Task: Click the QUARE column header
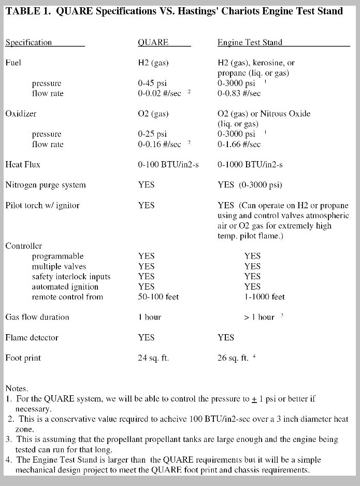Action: pyautogui.click(x=153, y=42)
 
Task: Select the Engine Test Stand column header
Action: pyautogui.click(x=250, y=42)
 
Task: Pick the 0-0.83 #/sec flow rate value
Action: pyautogui.click(x=239, y=93)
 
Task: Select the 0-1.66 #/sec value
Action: pyautogui.click(x=239, y=145)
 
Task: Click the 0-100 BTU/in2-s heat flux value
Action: pyautogui.click(x=168, y=165)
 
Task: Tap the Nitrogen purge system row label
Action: pyautogui.click(x=46, y=185)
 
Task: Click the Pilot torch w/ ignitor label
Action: pyautogui.click(x=42, y=205)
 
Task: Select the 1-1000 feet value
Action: pyautogui.click(x=264, y=297)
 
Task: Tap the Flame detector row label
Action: pyautogui.click(x=32, y=337)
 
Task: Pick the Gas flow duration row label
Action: pyautogui.click(x=37, y=317)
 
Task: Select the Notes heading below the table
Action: pyautogui.click(x=17, y=388)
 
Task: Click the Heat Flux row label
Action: pyautogui.click(x=23, y=165)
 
